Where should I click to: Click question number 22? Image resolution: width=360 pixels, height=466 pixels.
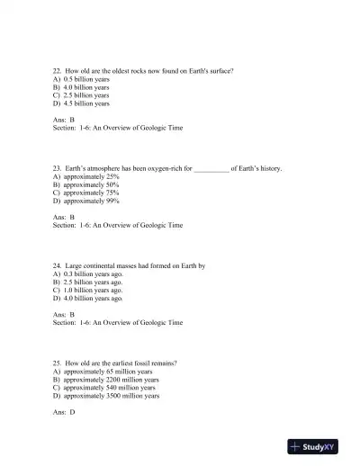(x=58, y=70)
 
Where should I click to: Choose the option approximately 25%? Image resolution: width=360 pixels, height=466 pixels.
(x=85, y=177)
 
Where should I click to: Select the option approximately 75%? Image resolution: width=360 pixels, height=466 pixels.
(x=85, y=193)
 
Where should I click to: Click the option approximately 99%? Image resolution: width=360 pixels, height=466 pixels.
(x=85, y=201)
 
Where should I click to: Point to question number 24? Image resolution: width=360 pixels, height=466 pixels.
(x=58, y=266)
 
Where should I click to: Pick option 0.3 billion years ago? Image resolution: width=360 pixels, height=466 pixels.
(x=87, y=274)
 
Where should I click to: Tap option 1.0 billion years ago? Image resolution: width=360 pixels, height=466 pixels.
(x=87, y=291)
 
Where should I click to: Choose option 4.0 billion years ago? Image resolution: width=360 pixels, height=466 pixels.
(x=87, y=299)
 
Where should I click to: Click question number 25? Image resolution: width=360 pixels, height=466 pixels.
(x=58, y=363)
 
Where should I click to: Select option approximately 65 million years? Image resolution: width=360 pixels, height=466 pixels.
(x=102, y=372)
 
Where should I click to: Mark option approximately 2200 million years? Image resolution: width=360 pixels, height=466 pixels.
(x=105, y=380)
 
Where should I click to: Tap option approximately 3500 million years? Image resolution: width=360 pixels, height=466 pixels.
(x=105, y=396)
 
